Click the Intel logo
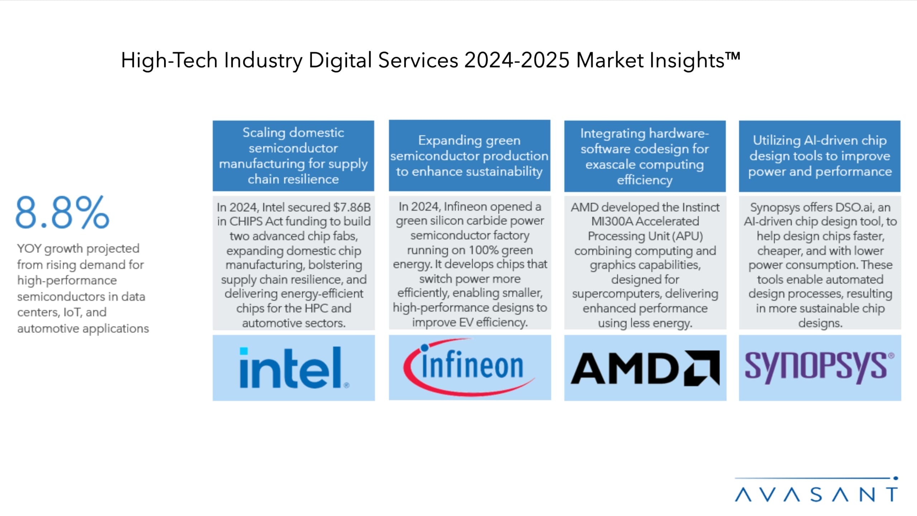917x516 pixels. (294, 368)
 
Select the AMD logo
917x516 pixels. (645, 368)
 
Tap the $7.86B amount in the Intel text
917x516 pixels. (352, 207)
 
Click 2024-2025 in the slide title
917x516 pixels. (517, 60)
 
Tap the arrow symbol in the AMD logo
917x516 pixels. (701, 368)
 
